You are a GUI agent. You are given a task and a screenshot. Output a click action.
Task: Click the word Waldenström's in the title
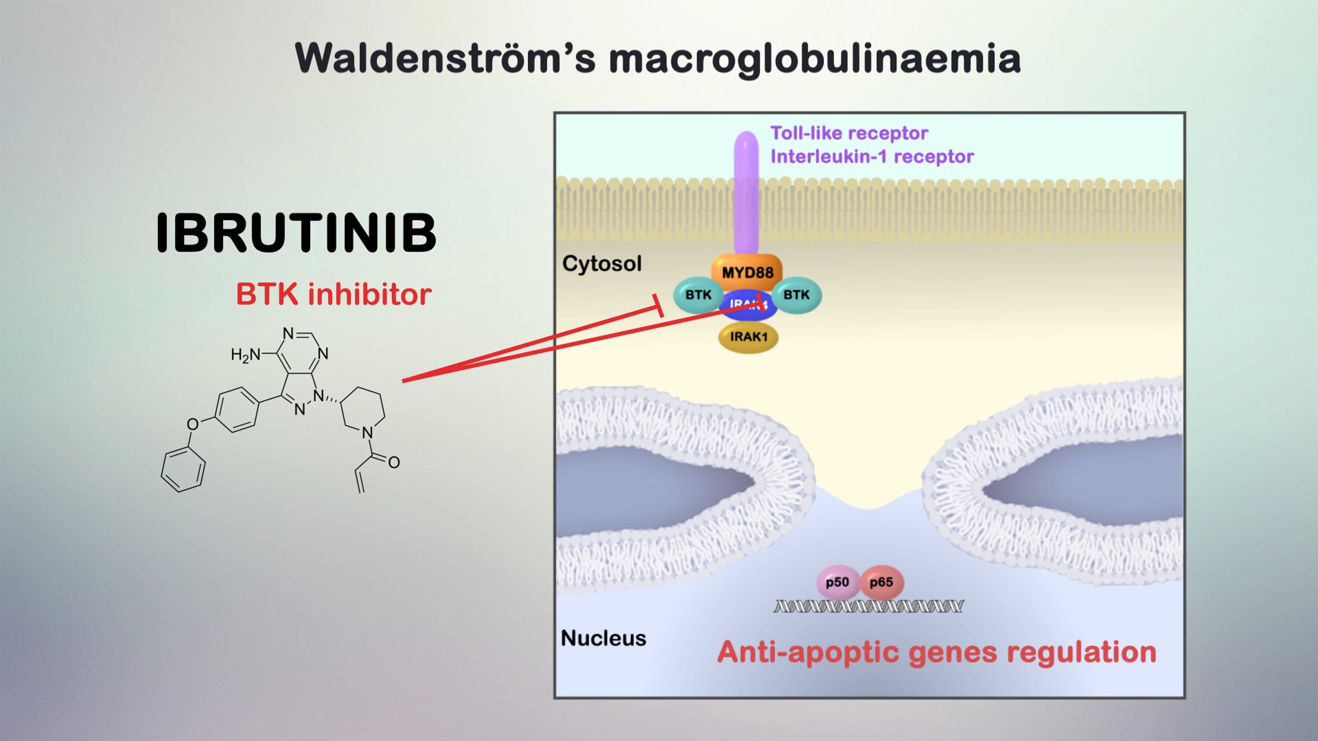pos(445,59)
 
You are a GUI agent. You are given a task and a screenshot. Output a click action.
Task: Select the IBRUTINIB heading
pos(296,233)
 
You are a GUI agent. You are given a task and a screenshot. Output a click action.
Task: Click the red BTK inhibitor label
pos(333,294)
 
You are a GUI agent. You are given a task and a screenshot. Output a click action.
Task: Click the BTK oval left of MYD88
pos(698,295)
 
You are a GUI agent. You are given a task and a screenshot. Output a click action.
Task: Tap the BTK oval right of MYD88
pos(796,295)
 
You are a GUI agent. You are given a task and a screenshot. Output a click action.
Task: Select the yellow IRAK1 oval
pos(748,337)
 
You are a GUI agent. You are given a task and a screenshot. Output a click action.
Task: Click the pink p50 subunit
pos(837,582)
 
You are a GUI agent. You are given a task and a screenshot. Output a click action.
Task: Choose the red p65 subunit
pos(881,582)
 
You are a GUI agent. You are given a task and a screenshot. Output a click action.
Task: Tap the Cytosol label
pos(602,264)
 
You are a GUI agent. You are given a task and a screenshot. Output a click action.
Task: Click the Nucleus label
pos(603,638)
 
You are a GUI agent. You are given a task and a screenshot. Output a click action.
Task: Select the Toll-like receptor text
pos(849,133)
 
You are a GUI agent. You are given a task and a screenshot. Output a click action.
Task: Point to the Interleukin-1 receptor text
pos(872,157)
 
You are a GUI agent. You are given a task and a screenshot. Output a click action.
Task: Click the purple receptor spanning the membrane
pos(746,192)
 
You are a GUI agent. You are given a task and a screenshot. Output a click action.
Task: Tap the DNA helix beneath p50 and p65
pos(868,607)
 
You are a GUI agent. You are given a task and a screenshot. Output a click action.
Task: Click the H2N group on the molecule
pos(245,356)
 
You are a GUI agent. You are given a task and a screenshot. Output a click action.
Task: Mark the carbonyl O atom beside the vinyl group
pos(394,463)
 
